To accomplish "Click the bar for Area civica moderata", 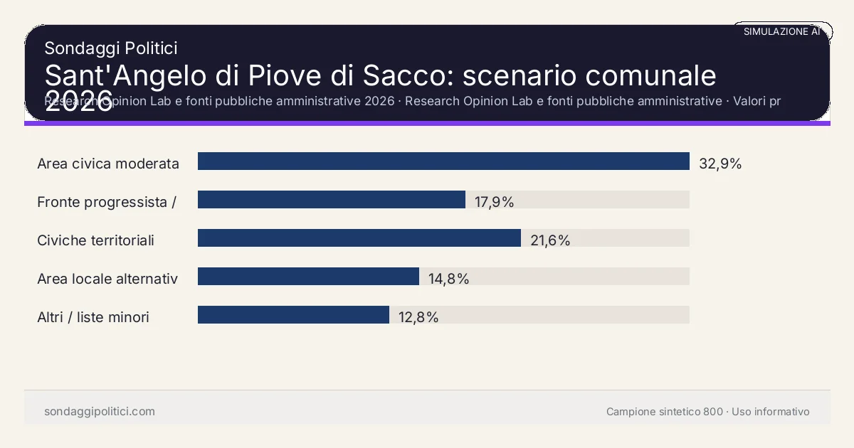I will click(443, 161).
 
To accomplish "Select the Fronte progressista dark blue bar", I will click(332, 200).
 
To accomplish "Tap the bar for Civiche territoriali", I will click(359, 238).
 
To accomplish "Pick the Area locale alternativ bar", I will click(308, 277).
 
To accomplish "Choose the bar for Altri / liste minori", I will click(293, 315).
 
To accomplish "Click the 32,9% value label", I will click(720, 164).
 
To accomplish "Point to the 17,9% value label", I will click(494, 202).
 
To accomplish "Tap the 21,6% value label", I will click(550, 240).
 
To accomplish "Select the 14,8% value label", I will click(448, 279).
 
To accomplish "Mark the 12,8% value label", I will click(418, 317).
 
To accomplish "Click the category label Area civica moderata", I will click(108, 164).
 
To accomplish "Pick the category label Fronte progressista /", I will click(107, 202).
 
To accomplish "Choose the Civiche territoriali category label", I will click(95, 240).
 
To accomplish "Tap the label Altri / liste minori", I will click(93, 317).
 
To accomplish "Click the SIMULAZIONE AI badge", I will click(781, 31).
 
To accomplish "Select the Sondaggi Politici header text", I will click(111, 48).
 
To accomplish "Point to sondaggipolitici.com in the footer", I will click(100, 412).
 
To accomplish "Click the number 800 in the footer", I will click(713, 412).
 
